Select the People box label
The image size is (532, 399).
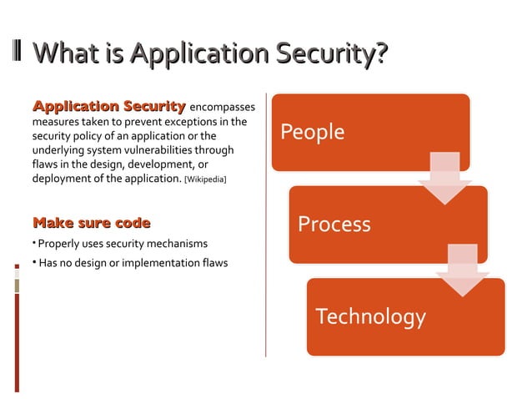pos(312,132)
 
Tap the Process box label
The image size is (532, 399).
pos(334,224)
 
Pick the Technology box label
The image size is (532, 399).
pos(370,316)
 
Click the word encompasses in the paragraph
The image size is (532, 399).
pos(223,107)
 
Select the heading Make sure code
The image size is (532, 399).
pos(91,223)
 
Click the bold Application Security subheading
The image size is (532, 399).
pos(108,106)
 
